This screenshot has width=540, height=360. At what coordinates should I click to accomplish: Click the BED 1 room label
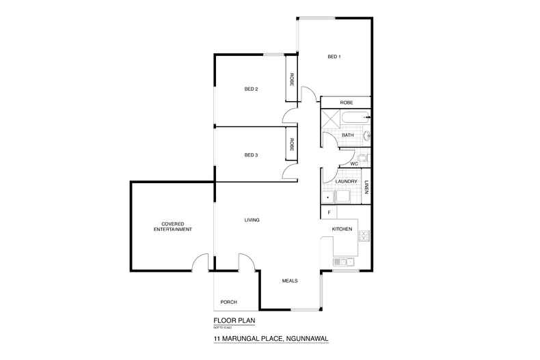tap(334, 57)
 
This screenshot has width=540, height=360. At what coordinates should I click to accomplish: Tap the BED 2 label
tap(251, 89)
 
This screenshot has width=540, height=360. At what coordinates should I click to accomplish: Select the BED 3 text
tap(251, 155)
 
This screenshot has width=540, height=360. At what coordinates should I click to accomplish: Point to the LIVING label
tap(254, 220)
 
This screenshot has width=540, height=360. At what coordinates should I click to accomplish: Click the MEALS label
tap(290, 280)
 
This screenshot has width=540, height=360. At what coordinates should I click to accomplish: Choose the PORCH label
tap(228, 302)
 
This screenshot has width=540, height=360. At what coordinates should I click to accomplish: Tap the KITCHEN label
tap(342, 230)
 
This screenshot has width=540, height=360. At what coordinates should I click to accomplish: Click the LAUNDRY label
tap(347, 181)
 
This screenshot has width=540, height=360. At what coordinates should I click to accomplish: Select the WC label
tap(354, 164)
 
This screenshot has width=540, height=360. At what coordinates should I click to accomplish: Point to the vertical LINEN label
tap(366, 186)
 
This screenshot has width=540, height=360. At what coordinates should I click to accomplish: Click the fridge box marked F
tap(329, 213)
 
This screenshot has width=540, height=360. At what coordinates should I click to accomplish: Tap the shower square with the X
tap(331, 120)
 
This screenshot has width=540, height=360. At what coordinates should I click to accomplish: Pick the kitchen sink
tap(342, 262)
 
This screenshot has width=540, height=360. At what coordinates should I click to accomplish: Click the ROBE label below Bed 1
tap(346, 102)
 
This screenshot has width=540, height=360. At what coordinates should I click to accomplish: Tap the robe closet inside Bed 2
tap(292, 80)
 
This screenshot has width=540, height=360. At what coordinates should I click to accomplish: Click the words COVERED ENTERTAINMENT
tap(172, 226)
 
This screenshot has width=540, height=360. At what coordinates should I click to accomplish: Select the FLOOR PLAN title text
tap(230, 319)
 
